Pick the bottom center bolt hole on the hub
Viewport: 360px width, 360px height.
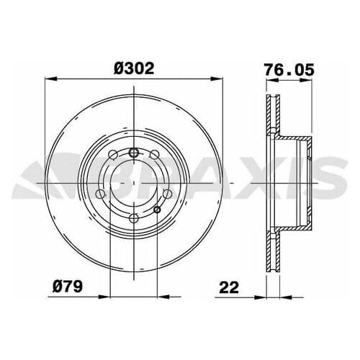[133, 218]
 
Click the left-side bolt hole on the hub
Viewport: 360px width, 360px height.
[100, 194]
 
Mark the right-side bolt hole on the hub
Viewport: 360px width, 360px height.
[167, 194]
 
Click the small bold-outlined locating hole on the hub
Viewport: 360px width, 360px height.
[158, 210]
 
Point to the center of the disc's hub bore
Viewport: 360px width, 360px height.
[133, 185]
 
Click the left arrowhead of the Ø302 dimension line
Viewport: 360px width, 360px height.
[50, 79]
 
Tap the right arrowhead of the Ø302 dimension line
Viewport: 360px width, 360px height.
[216, 79]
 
